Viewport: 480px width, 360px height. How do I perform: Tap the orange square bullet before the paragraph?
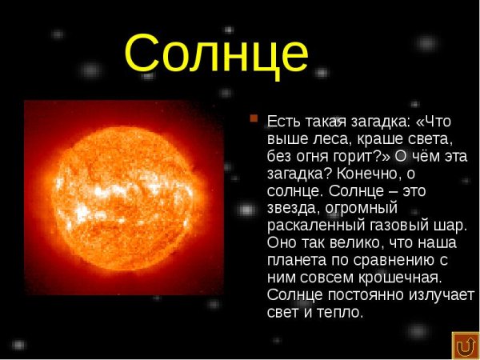point(254,119)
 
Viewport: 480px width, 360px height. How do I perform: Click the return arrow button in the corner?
point(465,346)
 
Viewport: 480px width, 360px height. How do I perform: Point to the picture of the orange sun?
point(123,196)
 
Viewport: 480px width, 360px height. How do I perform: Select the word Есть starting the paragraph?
point(282,122)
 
